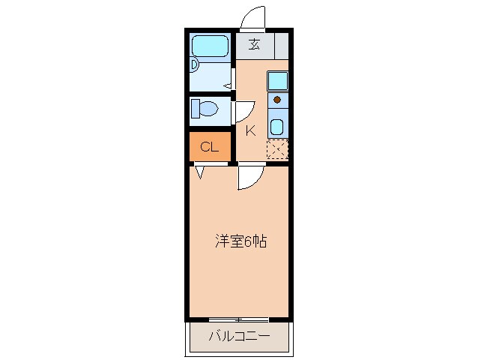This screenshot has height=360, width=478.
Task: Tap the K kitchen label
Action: click(250, 130)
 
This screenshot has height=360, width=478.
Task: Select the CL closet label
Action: click(209, 147)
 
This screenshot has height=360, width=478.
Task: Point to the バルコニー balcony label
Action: click(238, 335)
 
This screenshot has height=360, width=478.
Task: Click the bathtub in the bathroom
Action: click(211, 47)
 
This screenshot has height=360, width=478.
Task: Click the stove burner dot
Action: click(277, 99)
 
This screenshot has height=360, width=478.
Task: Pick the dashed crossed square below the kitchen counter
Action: click(277, 149)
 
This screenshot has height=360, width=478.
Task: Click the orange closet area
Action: click(210, 147)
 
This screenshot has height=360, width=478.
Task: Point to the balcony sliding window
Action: click(238, 320)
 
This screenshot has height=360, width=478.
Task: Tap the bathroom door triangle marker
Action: click(226, 85)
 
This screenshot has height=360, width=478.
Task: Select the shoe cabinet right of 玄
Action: click(281, 45)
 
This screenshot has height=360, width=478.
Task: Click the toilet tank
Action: click(195, 109)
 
